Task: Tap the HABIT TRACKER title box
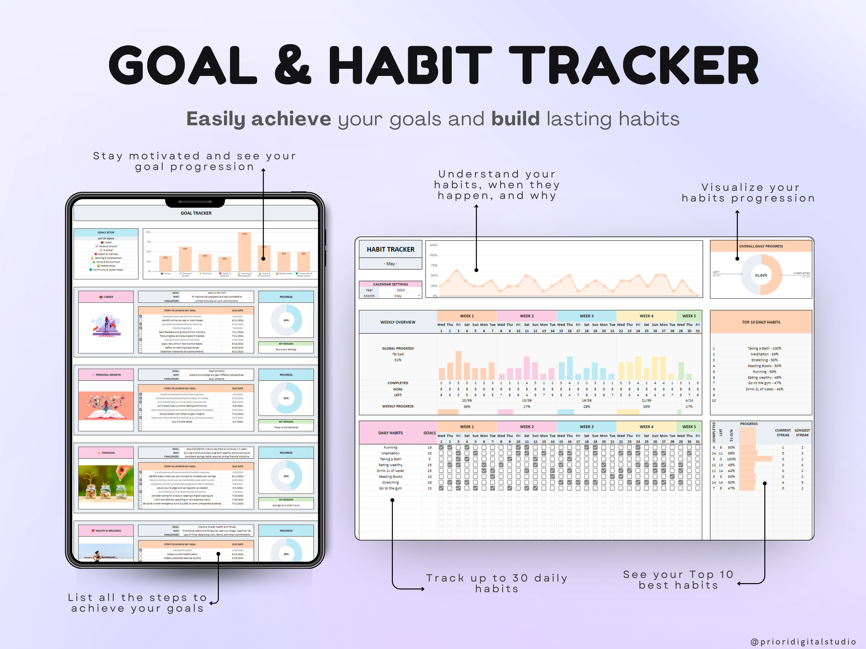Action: (390, 249)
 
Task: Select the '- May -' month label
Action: (390, 264)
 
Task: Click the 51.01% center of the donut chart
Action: (761, 275)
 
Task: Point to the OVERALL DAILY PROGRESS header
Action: (761, 246)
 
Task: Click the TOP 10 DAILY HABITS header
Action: (761, 322)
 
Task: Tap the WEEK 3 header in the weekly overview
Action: (586, 316)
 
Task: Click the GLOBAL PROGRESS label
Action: (398, 348)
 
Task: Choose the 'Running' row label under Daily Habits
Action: (390, 447)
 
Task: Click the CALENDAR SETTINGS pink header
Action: (390, 284)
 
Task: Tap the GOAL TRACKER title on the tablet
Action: (196, 213)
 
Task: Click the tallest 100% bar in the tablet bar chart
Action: (244, 252)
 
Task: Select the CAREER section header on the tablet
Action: (106, 297)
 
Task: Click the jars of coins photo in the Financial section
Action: (106, 484)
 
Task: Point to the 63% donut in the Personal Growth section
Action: (286, 398)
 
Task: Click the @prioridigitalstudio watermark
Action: (803, 642)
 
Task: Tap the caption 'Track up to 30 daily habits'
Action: (496, 583)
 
